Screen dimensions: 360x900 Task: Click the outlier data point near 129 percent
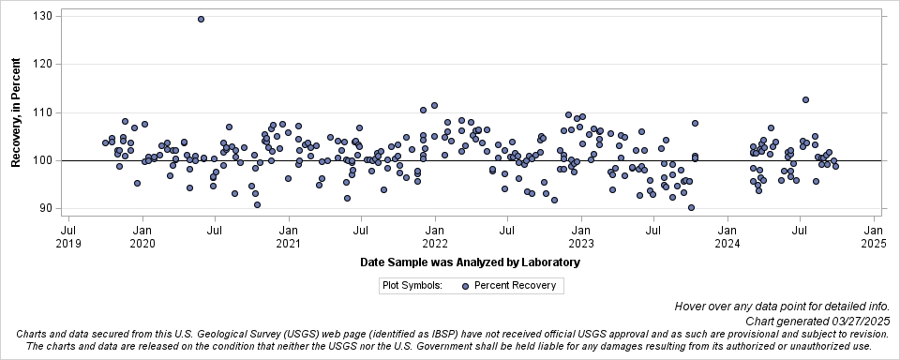(201, 19)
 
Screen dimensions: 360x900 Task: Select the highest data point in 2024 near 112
(805, 100)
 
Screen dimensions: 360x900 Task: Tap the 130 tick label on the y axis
(42, 16)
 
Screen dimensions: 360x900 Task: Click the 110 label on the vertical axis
(42, 112)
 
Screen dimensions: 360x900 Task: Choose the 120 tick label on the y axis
(42, 65)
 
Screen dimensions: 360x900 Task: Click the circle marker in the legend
(465, 286)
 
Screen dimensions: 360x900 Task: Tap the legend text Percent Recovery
(515, 286)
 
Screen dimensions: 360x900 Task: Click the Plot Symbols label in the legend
(412, 286)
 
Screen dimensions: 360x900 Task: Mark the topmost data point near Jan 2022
(434, 106)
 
